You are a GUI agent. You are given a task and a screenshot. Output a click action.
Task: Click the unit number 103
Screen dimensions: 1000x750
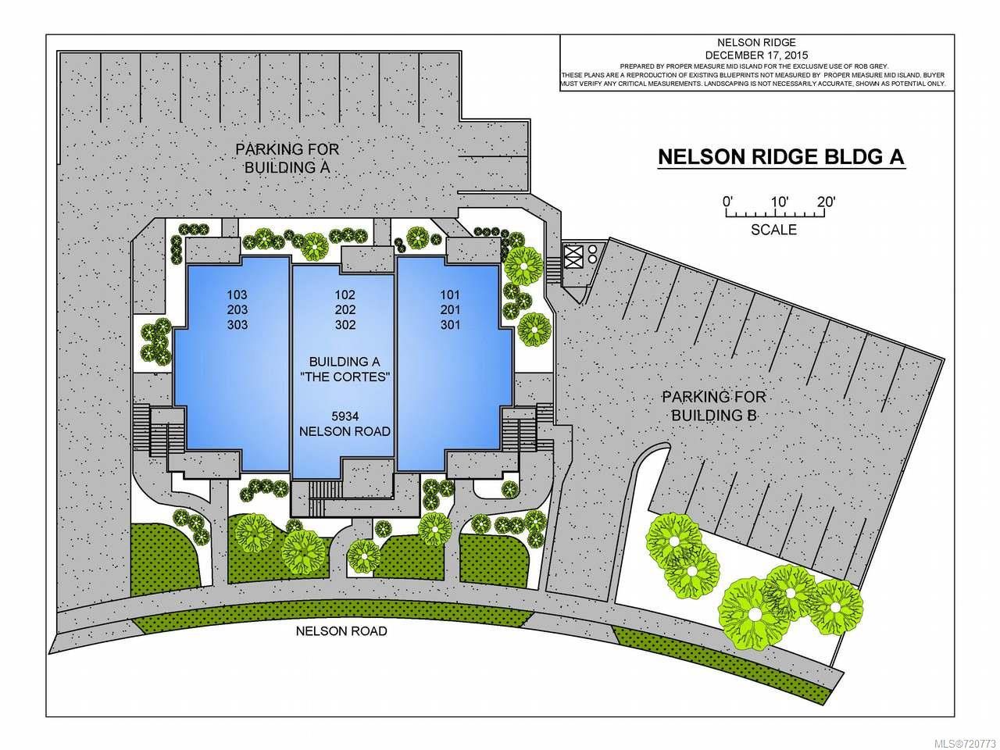click(237, 295)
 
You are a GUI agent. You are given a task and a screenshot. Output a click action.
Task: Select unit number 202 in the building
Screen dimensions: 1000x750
click(345, 309)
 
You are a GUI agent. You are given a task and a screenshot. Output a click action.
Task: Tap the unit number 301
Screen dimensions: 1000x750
click(450, 325)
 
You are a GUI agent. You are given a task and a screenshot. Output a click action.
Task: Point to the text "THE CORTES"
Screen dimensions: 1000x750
click(345, 377)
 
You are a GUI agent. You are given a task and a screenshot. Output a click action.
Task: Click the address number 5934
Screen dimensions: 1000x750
click(345, 416)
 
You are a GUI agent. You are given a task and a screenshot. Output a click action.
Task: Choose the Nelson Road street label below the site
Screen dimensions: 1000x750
click(341, 630)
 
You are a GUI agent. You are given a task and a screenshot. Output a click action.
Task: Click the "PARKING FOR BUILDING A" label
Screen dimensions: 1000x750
click(287, 158)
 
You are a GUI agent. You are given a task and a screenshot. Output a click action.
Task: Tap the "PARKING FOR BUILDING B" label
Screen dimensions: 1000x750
click(714, 405)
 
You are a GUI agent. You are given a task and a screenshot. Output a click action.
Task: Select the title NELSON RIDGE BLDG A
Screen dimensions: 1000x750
click(781, 157)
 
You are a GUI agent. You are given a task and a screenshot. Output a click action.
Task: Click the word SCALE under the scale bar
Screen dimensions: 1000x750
click(773, 230)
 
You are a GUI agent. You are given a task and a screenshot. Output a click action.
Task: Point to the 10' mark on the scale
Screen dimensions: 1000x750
click(779, 201)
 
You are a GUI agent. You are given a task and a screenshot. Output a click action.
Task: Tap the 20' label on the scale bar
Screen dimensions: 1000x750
click(826, 201)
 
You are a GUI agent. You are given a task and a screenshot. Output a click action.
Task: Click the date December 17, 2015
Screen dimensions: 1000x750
click(756, 55)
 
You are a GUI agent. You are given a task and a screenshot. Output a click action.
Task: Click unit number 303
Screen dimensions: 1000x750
click(237, 325)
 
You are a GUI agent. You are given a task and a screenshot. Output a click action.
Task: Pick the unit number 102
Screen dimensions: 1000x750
click(345, 295)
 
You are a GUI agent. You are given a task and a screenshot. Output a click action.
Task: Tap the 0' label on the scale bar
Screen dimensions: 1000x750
click(728, 201)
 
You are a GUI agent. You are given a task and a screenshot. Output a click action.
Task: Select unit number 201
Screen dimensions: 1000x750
click(450, 309)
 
